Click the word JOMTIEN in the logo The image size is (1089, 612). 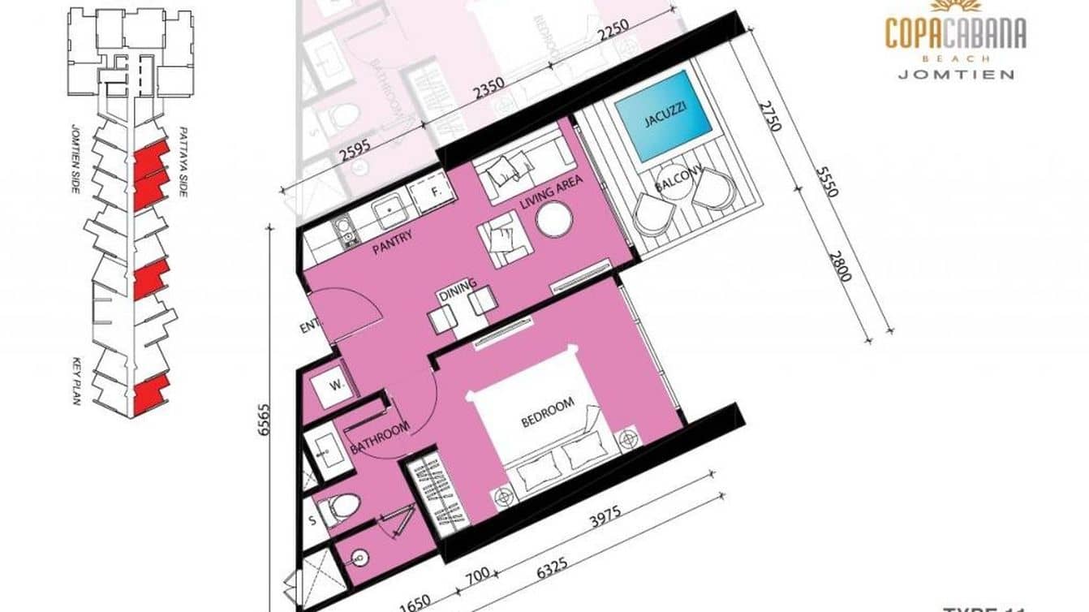click(x=955, y=74)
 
